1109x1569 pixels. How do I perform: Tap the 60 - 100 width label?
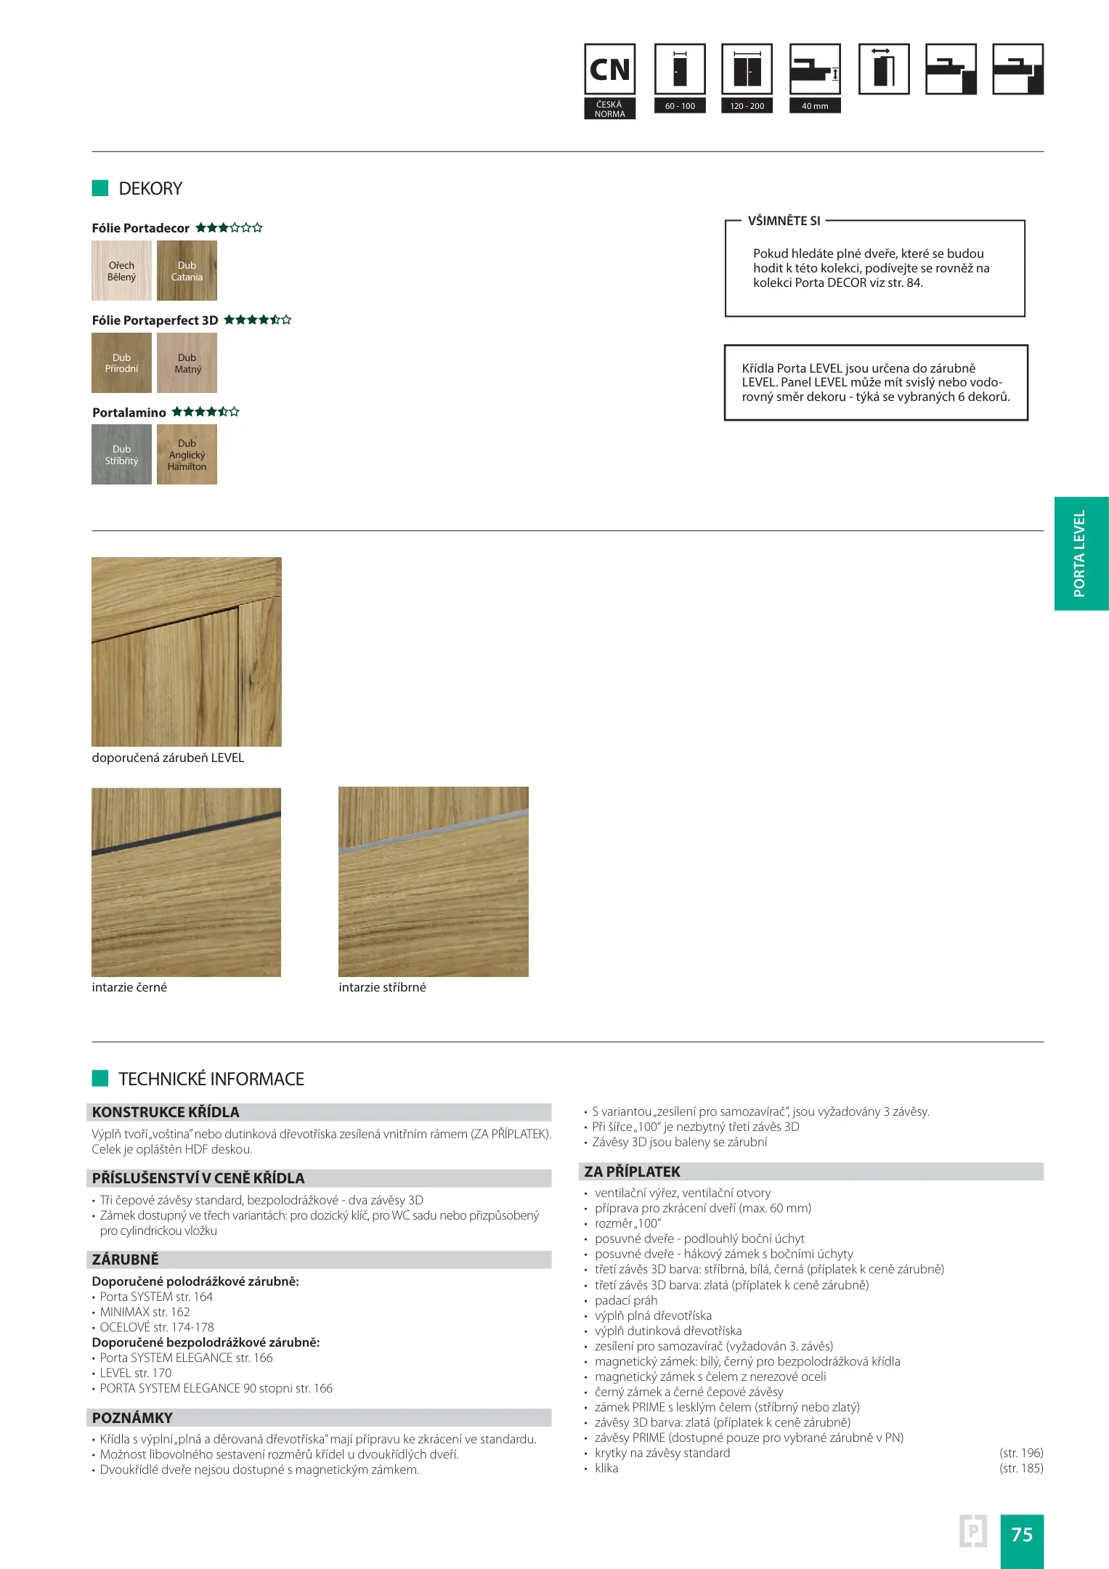pos(680,106)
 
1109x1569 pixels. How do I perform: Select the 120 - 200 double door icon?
pos(747,70)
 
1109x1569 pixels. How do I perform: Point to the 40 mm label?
pos(815,106)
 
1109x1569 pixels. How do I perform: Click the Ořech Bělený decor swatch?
pos(121,271)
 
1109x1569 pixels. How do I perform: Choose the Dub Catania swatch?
pos(187,271)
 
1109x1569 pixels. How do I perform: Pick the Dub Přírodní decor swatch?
pos(121,363)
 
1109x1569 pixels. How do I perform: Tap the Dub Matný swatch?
pos(187,363)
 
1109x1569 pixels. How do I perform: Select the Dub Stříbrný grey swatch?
pos(121,455)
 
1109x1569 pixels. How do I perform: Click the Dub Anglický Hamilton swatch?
pos(187,455)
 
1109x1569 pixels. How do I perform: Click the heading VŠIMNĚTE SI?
pos(784,221)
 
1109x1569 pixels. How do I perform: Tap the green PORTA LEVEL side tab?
pos(1081,554)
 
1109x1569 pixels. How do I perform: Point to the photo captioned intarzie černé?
pos(186,882)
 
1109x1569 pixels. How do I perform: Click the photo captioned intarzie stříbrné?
pos(433,882)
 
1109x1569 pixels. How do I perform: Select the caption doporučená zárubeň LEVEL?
pos(168,758)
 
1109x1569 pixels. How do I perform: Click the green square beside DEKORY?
pos(100,188)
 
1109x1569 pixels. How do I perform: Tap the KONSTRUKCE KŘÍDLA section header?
pos(166,1112)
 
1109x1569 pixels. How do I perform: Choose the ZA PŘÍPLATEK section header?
pos(632,1171)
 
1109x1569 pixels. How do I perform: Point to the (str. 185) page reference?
pos(1021,1468)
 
